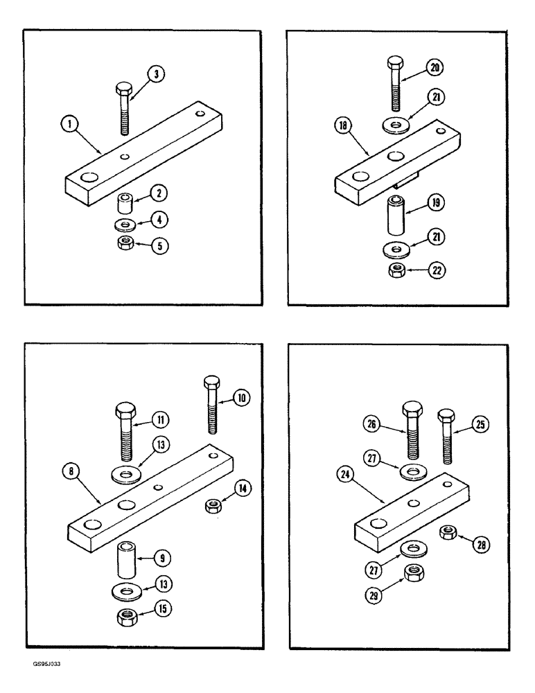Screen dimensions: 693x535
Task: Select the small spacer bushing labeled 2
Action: pyautogui.click(x=125, y=205)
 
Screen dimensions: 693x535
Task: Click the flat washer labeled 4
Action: pyautogui.click(x=125, y=225)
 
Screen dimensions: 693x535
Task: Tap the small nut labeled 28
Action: pyautogui.click(x=448, y=532)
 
